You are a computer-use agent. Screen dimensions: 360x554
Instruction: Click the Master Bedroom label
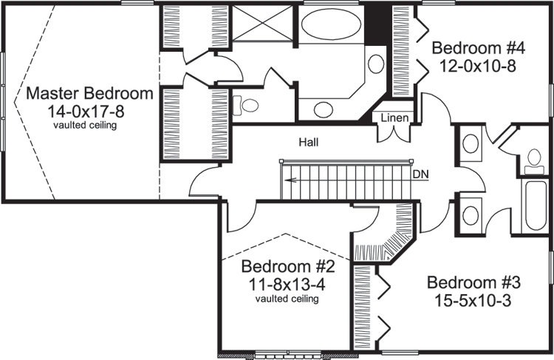point(89,94)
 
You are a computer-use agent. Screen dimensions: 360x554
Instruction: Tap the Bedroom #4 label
point(478,49)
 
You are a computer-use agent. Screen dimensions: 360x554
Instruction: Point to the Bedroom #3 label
point(474,283)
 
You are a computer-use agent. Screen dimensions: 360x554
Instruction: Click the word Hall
point(310,141)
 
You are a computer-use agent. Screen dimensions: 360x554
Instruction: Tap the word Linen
point(391,118)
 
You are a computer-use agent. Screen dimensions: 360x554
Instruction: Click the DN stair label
point(421,174)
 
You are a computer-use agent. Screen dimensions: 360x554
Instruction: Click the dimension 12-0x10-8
point(478,67)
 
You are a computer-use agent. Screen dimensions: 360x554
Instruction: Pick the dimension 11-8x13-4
point(288,283)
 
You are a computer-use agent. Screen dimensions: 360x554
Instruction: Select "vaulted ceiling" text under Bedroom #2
point(287,299)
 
